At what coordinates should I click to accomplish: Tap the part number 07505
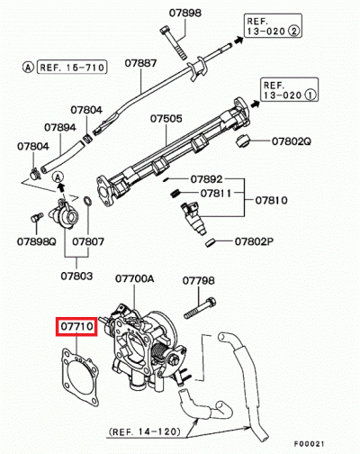coord(166,118)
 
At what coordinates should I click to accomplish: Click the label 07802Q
coord(292,141)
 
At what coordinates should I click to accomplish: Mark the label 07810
coord(273,199)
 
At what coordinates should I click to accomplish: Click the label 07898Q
coord(37,241)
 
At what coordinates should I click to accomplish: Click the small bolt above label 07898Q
coord(37,218)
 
